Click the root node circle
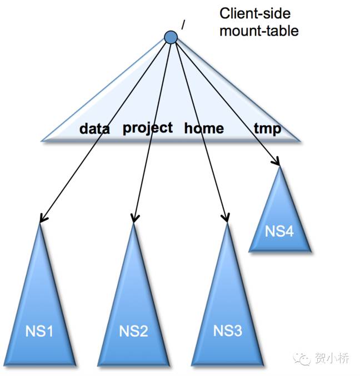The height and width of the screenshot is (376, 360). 171,37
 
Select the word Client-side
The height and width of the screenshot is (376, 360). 255,13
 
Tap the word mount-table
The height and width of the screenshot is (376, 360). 259,30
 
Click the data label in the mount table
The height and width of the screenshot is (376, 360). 94,129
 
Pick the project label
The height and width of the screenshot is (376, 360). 148,128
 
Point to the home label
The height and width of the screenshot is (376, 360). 204,128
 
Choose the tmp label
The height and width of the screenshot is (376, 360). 267,129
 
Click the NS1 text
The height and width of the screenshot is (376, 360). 39,332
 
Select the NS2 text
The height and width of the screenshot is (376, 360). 133,332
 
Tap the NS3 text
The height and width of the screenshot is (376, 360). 228,332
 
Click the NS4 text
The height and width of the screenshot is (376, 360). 279,231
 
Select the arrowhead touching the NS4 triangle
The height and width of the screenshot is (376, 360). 276,161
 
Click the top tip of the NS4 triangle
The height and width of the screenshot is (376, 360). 279,166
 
